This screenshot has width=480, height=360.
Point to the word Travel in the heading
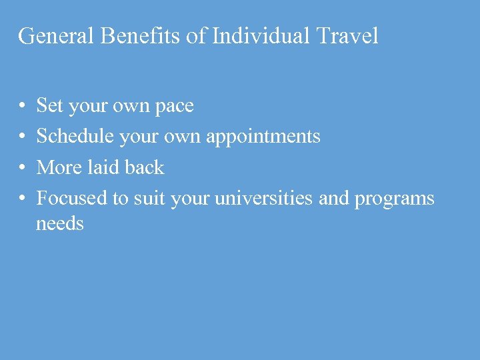[347, 36]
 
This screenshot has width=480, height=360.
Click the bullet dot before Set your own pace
[23, 106]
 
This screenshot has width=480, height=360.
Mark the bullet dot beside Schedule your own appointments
[23, 137]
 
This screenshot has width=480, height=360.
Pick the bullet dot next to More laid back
[23, 168]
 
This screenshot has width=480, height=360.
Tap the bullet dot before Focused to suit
[23, 199]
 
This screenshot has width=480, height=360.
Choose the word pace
[175, 107]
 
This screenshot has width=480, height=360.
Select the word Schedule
[75, 137]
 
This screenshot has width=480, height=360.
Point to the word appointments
[263, 137]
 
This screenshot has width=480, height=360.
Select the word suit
[150, 198]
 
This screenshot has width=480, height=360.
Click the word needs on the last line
[60, 224]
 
